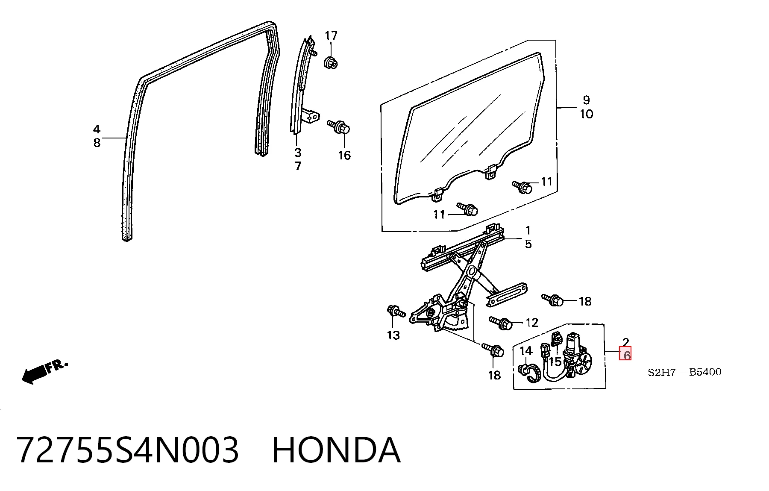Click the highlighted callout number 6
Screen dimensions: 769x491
point(626,355)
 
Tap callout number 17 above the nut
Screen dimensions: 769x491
point(331,36)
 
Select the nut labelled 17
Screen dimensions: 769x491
point(331,62)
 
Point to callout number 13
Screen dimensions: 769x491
point(393,335)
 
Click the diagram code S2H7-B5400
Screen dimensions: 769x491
point(684,372)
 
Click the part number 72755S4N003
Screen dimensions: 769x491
point(127,450)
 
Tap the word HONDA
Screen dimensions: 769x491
point(336,450)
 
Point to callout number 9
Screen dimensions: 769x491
point(586,100)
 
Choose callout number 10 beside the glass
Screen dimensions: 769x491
point(586,114)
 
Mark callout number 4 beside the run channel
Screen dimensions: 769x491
point(97,129)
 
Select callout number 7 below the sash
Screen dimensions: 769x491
point(298,166)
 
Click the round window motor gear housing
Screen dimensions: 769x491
point(582,364)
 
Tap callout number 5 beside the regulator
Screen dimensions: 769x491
point(528,244)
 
